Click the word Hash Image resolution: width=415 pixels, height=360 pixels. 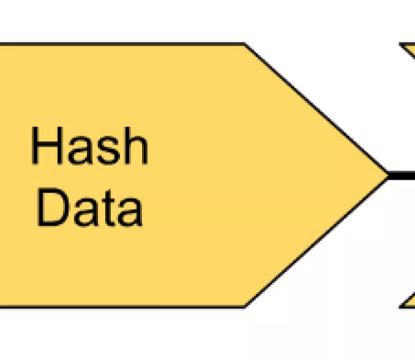pos(89,146)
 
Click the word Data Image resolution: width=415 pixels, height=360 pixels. pos(89,208)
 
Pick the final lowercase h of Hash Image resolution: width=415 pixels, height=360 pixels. pos(136,146)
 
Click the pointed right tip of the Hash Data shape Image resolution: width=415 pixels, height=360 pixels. pos(386,174)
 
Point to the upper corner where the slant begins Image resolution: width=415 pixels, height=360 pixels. pos(245,44)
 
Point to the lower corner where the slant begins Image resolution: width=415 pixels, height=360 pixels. pos(245,306)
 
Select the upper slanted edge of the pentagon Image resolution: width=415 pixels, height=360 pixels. pos(316,109)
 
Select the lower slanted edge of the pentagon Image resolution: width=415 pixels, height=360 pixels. pos(316,241)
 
